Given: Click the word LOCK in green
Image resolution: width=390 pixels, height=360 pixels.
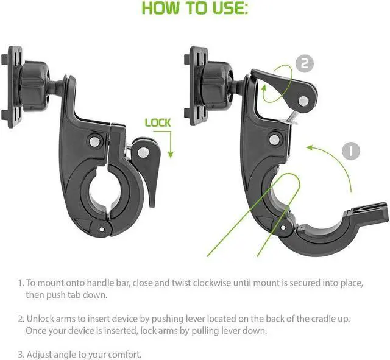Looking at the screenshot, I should tap(157, 122).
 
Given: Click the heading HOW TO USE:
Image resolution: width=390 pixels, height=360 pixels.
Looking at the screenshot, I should tap(194, 9).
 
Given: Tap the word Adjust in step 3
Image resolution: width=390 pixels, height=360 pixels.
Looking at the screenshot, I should tap(40, 354).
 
